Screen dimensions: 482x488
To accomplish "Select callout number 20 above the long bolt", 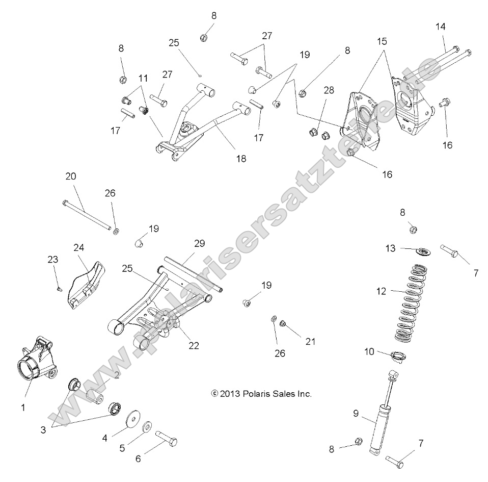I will (71, 176).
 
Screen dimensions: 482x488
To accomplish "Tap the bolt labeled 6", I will (168, 438).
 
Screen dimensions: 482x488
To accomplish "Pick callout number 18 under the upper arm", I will (241, 159).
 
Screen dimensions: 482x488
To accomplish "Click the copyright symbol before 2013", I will (214, 394).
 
